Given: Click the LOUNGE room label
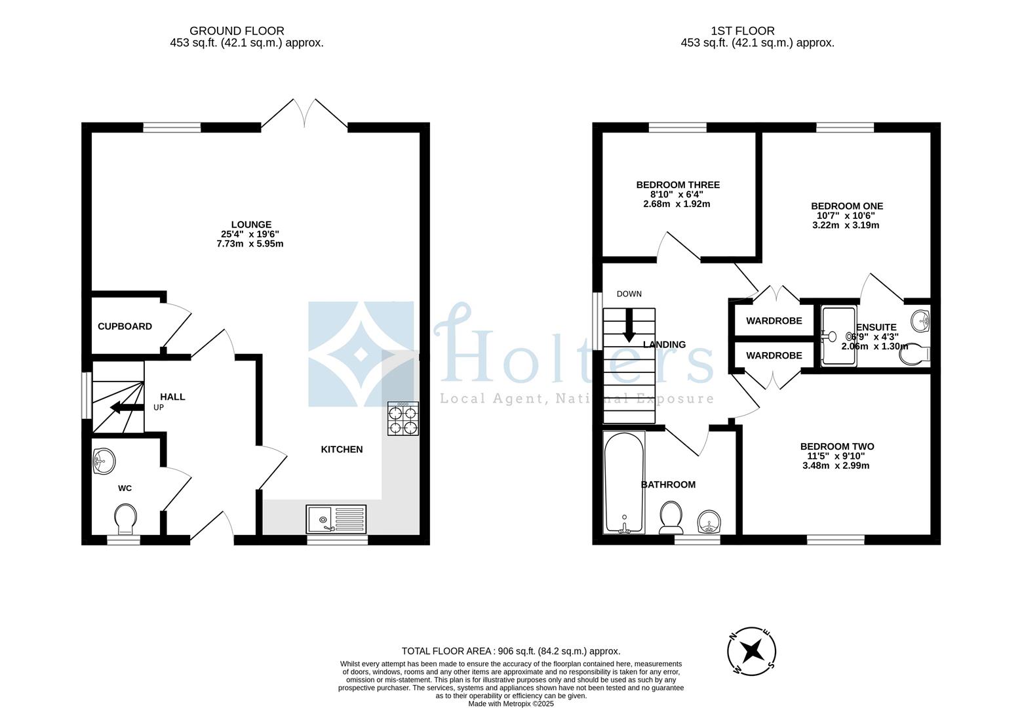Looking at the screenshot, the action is coord(251,224).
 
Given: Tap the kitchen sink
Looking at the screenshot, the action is coord(336,519).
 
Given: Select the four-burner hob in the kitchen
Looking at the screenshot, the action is coord(403,418).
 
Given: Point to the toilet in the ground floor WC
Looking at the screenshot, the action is coord(125,519).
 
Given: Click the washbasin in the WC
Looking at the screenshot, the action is coord(104,462).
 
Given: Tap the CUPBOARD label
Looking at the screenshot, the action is coord(125,326).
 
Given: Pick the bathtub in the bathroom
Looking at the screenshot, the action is coord(624,482).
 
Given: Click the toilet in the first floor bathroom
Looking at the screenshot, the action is coord(671,517).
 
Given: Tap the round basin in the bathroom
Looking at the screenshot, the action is coord(709,521).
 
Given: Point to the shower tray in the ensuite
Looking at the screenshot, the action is coord(838,337).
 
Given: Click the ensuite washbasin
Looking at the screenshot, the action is coord(920,321).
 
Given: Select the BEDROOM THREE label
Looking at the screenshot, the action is coord(678,185).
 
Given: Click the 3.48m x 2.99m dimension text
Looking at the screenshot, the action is coord(836,465).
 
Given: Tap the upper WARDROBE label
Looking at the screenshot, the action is coord(774,321).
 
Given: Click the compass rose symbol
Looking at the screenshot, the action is coord(751,651).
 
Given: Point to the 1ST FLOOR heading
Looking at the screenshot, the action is coord(743,31).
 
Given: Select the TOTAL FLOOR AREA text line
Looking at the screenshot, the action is coord(511,651).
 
